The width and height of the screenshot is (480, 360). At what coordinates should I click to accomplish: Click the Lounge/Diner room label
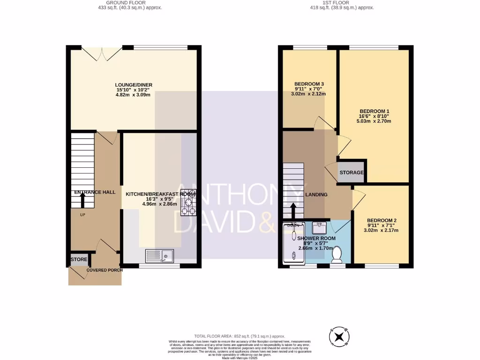[x=134, y=85]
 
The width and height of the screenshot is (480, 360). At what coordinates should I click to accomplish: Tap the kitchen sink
[x=159, y=256]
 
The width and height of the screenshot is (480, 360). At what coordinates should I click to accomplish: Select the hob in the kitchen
[x=188, y=202]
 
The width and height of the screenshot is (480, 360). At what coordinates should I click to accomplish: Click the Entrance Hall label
[x=95, y=192]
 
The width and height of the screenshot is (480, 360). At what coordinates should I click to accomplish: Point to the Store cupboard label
[x=79, y=259]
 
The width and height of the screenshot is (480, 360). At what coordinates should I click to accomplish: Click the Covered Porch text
[x=105, y=270]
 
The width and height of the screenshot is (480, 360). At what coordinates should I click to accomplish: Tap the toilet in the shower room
[x=336, y=255]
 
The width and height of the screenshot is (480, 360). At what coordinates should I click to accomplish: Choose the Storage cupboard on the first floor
[x=352, y=172]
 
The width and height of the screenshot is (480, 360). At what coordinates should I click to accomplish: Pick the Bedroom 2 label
[x=382, y=220]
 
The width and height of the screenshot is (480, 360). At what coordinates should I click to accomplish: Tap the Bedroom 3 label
[x=309, y=84]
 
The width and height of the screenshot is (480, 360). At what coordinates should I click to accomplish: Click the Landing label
[x=316, y=195]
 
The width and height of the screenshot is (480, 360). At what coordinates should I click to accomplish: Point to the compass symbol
[x=340, y=336]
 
